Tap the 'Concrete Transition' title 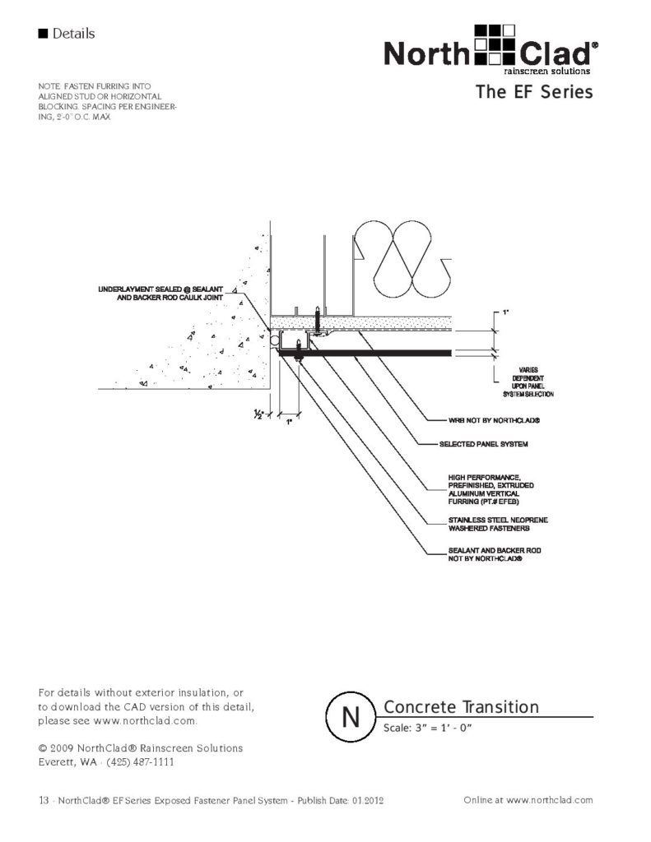[461, 707]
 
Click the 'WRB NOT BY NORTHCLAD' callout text [491, 420]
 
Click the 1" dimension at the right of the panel [505, 314]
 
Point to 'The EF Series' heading [533, 92]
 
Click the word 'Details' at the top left [73, 34]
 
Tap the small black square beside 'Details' [43, 34]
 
